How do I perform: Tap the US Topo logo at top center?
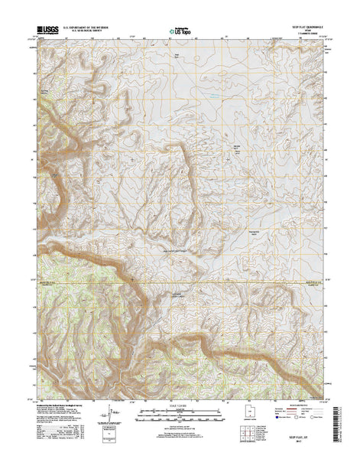pyautogui.click(x=178, y=33)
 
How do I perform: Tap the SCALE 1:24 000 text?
pyautogui.click(x=178, y=405)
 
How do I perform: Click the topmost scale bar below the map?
pyautogui.click(x=178, y=411)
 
